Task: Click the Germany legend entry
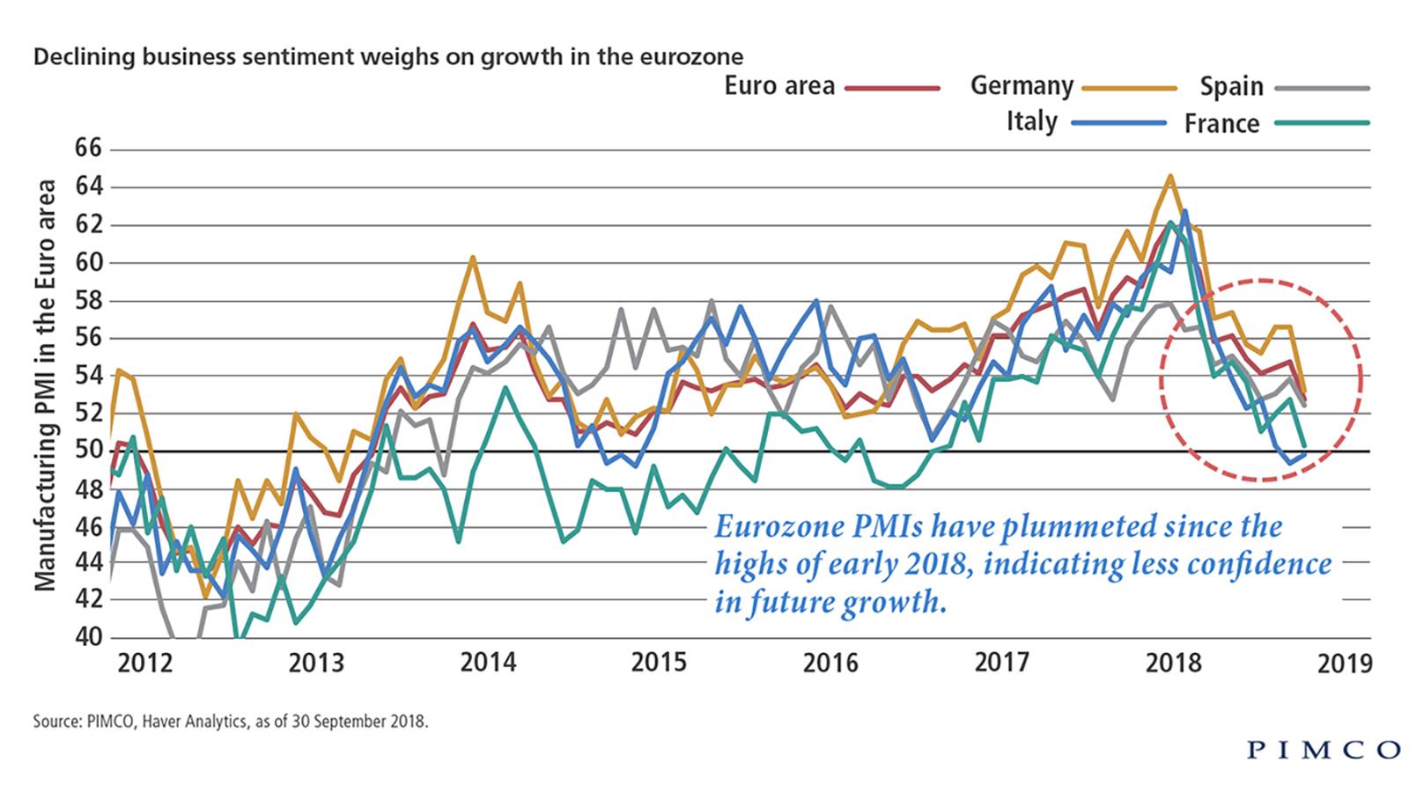(x=1022, y=86)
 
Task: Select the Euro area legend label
(x=779, y=86)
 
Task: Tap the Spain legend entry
(x=1231, y=86)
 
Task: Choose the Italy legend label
(x=1031, y=121)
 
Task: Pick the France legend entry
(x=1221, y=123)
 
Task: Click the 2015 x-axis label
(x=658, y=663)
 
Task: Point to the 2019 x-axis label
(x=1345, y=663)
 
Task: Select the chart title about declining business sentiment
(x=387, y=57)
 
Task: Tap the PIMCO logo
(x=1324, y=750)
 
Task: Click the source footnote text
(x=231, y=722)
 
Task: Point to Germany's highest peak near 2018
(x=1170, y=176)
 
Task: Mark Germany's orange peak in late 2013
(x=473, y=258)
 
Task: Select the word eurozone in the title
(x=699, y=57)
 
